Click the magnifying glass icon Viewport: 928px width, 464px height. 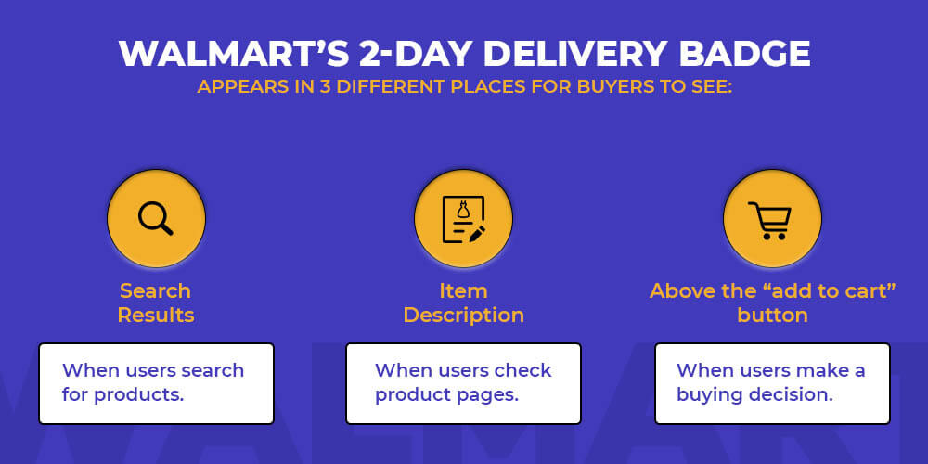(x=156, y=218)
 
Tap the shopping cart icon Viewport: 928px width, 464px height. (x=769, y=221)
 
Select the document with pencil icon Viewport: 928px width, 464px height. (x=464, y=219)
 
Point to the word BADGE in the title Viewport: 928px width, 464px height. (x=744, y=54)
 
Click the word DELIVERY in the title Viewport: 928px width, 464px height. (x=577, y=54)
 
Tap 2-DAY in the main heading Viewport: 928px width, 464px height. (x=416, y=54)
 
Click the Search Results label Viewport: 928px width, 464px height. (x=156, y=303)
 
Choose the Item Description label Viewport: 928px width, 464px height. (x=463, y=303)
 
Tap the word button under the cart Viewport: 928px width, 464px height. (x=772, y=315)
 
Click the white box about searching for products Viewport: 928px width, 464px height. (x=156, y=383)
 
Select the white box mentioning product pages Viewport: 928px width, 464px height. (x=463, y=383)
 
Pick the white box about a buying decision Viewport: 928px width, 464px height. (x=772, y=383)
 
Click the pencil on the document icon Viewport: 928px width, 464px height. (x=476, y=233)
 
